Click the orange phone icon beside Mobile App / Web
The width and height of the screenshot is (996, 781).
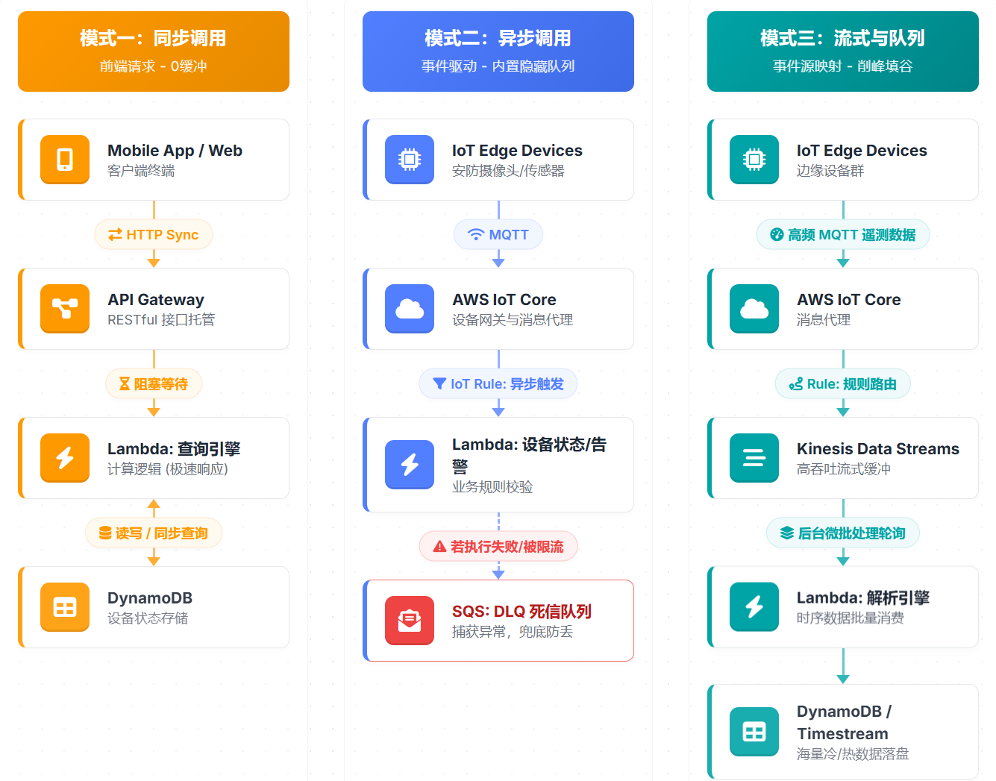point(65,159)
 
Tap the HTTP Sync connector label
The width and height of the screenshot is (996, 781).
point(154,234)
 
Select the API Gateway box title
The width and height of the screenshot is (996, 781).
point(156,299)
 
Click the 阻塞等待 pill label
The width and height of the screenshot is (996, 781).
point(154,383)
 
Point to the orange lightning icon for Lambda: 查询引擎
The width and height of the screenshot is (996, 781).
point(65,457)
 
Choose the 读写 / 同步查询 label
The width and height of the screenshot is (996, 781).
point(154,533)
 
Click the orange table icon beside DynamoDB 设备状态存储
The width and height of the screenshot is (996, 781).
point(65,607)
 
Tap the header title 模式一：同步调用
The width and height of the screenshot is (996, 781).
point(153,38)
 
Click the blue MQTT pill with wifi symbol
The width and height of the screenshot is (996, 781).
point(498,234)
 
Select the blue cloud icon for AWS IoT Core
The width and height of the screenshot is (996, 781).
point(410,308)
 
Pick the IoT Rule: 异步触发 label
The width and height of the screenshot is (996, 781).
point(498,383)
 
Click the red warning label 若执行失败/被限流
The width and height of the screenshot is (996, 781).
point(498,546)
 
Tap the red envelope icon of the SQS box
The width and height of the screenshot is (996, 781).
point(410,620)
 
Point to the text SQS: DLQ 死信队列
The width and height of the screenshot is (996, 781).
point(522,611)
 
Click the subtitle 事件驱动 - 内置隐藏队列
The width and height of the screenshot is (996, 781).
point(498,66)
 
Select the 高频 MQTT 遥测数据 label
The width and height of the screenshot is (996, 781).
point(843,234)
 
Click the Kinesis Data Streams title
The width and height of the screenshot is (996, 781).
point(877,448)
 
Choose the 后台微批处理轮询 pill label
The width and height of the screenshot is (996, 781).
point(843,533)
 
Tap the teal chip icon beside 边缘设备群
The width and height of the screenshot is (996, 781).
point(754,159)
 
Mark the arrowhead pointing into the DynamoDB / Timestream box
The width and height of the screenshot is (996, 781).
point(843,679)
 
